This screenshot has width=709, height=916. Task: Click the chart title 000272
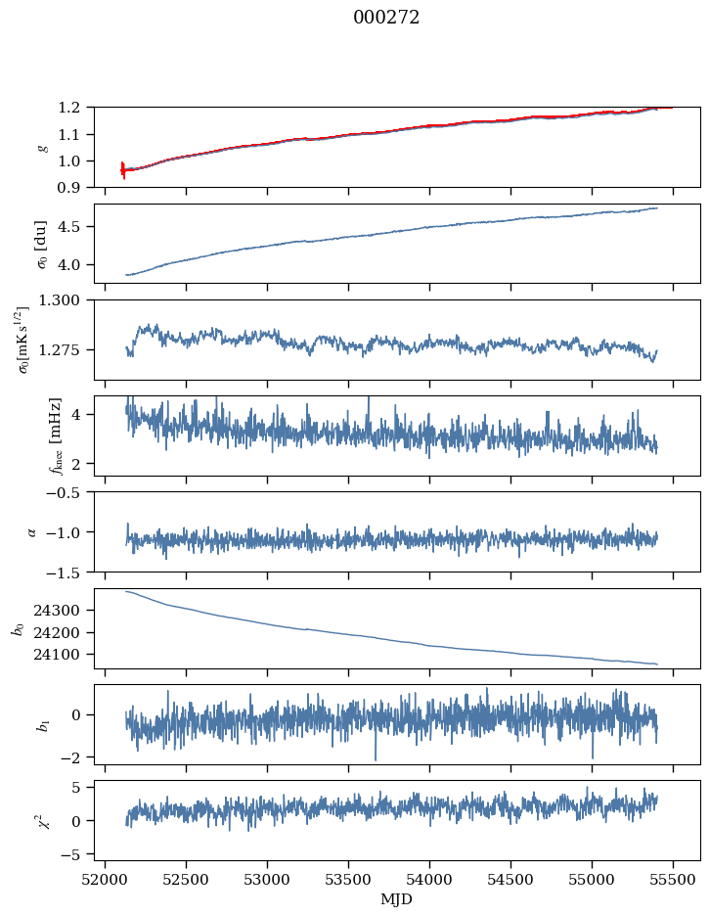click(x=386, y=18)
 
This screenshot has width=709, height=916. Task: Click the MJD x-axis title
click(x=397, y=899)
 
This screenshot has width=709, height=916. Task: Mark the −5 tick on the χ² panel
click(x=77, y=854)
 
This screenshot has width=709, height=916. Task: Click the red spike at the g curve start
click(x=123, y=169)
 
